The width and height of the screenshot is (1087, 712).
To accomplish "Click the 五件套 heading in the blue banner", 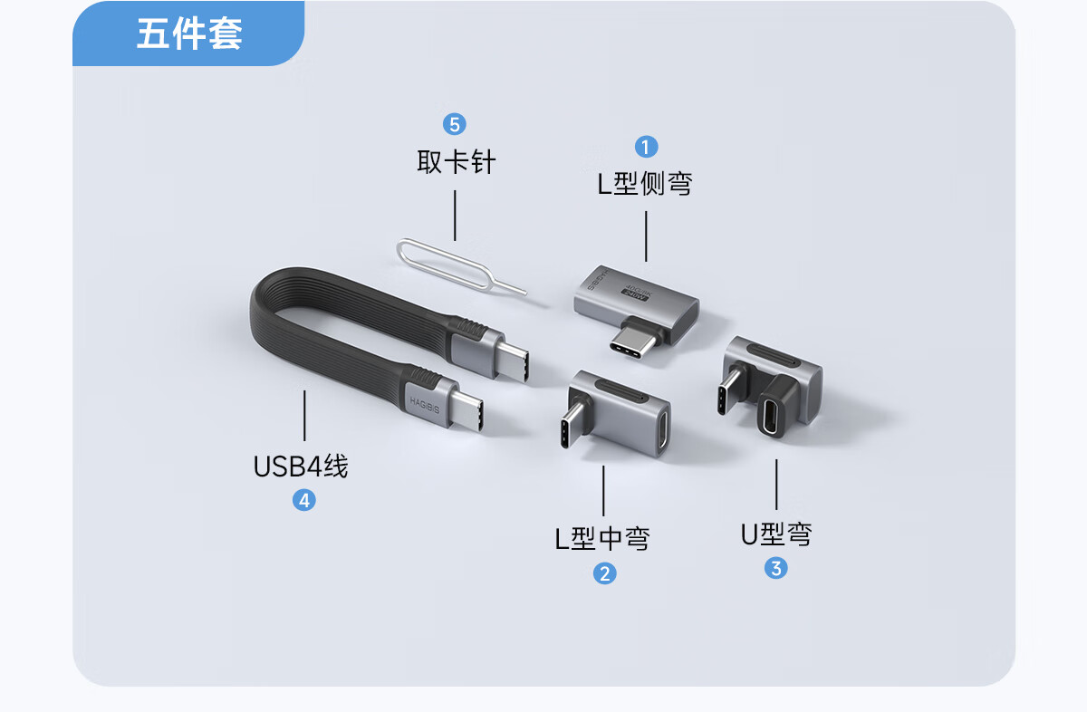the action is (189, 34).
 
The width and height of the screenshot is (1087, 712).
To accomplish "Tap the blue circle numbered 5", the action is (454, 125).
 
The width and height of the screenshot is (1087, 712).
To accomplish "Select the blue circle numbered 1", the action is (646, 146).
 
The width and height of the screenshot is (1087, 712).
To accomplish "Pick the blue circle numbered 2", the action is (605, 573).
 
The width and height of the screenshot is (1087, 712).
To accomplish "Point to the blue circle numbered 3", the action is (776, 568).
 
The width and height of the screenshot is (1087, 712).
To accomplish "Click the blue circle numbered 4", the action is (304, 500).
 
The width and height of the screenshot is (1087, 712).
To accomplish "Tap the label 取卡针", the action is (457, 162).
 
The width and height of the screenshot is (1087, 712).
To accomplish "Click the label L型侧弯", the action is (645, 184).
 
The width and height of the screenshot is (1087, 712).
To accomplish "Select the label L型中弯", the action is (602, 538).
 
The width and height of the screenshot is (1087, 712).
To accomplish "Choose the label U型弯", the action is (776, 534).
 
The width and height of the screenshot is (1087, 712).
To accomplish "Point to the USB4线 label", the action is (301, 467).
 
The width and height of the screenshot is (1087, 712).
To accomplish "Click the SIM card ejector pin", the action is (461, 266).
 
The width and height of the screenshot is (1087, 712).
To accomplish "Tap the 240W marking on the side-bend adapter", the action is (634, 294).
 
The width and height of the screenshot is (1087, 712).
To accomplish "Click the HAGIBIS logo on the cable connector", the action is (425, 406).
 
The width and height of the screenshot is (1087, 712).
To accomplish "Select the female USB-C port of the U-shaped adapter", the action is (769, 416).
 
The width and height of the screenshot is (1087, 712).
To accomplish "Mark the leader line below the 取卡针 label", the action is (455, 215).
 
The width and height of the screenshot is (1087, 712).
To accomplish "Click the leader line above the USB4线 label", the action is (304, 416).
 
